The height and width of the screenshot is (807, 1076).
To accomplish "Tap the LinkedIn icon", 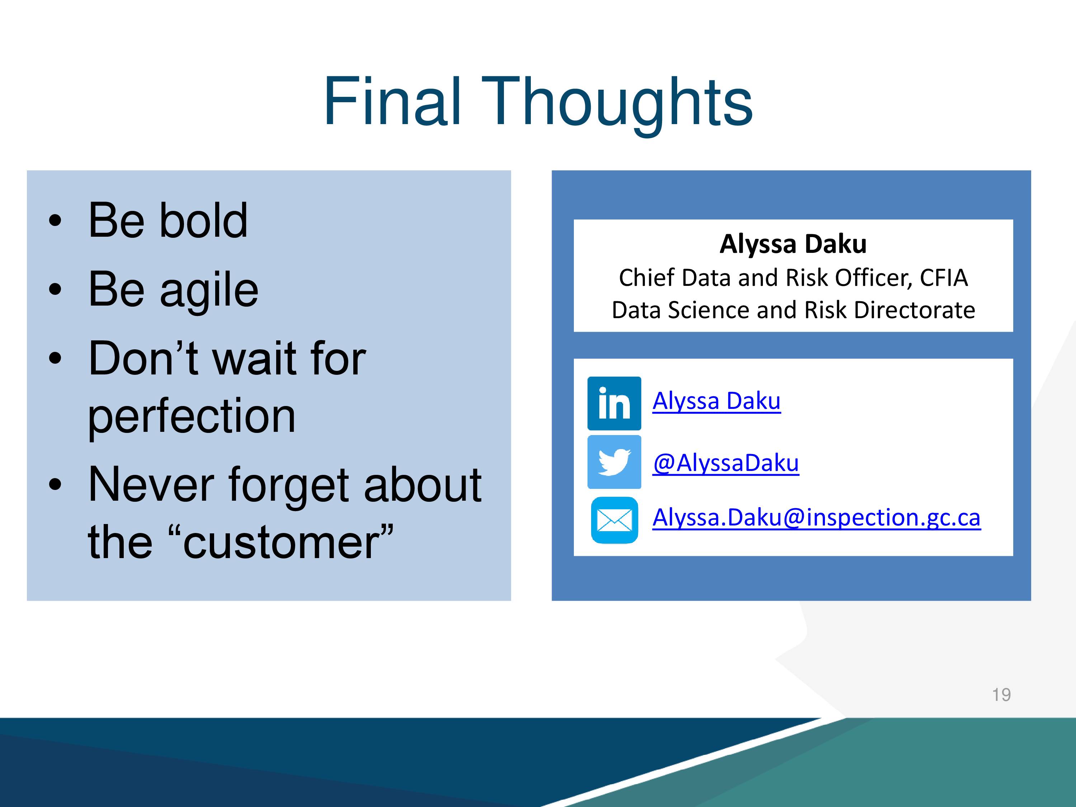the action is [x=614, y=403].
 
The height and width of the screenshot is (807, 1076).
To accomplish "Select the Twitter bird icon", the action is [x=614, y=462].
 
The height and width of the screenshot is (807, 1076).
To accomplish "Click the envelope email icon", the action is [x=614, y=520].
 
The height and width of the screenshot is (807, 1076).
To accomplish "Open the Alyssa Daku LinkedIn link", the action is [x=717, y=401].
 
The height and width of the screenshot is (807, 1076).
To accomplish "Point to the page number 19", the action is [x=1001, y=695].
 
